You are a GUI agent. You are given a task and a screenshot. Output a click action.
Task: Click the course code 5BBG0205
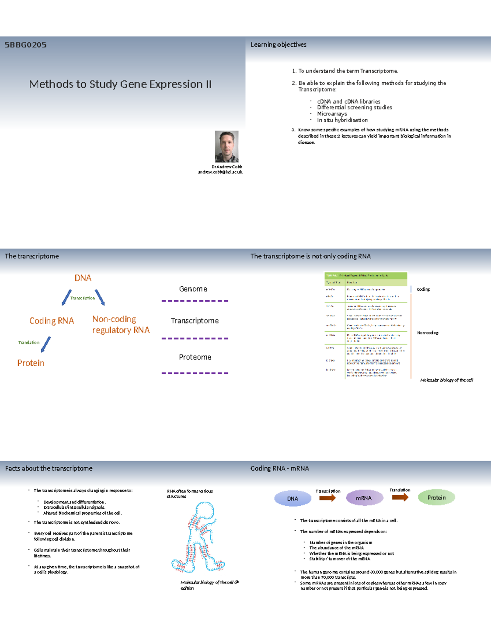(x=25, y=45)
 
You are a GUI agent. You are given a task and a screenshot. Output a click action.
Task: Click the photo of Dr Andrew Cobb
(x=227, y=147)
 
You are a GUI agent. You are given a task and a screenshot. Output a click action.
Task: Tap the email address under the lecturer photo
(x=220, y=172)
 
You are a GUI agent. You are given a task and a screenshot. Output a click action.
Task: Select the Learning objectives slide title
(x=278, y=45)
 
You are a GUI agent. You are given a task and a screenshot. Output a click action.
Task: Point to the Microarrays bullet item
(x=332, y=114)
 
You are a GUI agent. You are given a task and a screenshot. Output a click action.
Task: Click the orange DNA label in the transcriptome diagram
(x=83, y=278)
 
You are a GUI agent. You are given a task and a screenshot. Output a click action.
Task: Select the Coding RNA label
(x=52, y=321)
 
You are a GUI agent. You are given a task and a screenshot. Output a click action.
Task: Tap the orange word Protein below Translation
(x=31, y=363)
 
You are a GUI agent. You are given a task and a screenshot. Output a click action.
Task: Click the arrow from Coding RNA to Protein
(x=46, y=344)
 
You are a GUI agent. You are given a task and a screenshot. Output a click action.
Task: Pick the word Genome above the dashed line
(x=193, y=289)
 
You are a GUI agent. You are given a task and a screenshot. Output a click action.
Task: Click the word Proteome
(x=195, y=357)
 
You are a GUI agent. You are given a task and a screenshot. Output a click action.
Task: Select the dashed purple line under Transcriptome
(x=195, y=339)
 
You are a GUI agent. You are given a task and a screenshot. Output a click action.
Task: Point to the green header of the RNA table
(x=366, y=276)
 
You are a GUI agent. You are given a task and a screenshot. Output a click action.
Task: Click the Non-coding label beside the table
(x=428, y=333)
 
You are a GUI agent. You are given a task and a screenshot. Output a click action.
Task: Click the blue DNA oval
(x=293, y=498)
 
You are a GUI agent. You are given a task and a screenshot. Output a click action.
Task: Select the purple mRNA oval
(x=364, y=498)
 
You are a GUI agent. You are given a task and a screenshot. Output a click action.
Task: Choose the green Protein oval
(x=436, y=498)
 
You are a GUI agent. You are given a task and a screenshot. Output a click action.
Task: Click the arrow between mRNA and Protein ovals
(x=400, y=498)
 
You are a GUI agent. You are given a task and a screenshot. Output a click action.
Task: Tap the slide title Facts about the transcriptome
(x=49, y=469)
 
